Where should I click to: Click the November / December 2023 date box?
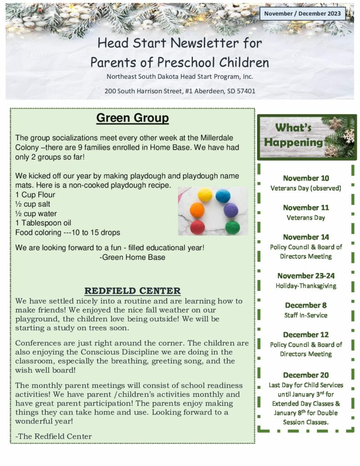point(302,14)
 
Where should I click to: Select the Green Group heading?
point(132,118)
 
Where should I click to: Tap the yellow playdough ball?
point(205,195)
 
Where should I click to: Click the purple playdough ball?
point(231,210)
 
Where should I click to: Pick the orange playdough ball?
point(197,210)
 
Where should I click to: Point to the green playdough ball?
point(232,227)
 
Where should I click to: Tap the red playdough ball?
point(197,227)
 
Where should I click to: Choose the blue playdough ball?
point(223,196)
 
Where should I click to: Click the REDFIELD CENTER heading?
point(132,291)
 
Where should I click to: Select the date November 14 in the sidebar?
point(306,237)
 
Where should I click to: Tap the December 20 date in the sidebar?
point(306,375)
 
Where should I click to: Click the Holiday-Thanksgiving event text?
point(306,286)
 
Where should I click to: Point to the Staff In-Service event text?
point(306,315)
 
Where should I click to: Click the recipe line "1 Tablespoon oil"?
point(43,223)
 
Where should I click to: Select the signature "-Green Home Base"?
point(132,257)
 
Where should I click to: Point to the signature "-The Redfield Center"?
point(53,436)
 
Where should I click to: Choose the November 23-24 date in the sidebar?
point(306,275)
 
